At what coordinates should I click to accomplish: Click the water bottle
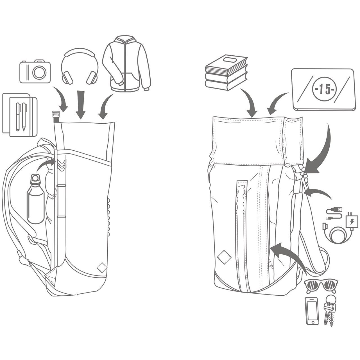(35, 199)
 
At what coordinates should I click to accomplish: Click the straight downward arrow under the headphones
(81, 105)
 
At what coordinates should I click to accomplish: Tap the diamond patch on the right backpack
(224, 257)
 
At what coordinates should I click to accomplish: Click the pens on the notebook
(21, 117)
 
